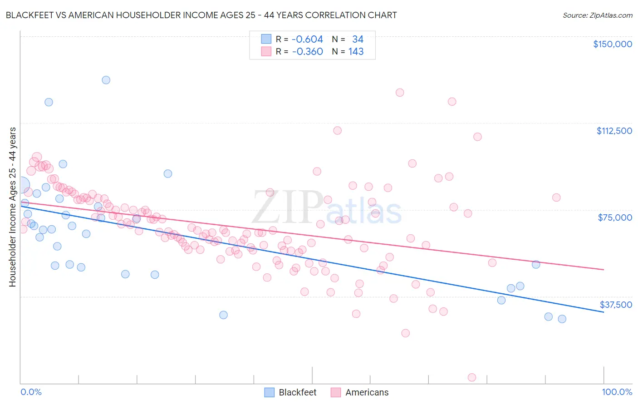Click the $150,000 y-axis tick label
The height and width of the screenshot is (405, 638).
pos(612,44)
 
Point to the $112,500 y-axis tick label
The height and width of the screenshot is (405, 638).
pos(614,131)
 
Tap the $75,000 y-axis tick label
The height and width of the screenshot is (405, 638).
pos(615,217)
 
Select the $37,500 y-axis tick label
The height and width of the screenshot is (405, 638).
pos(616,305)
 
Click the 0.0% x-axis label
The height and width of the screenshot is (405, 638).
pos(31,392)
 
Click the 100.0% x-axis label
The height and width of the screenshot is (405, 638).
pos(617,392)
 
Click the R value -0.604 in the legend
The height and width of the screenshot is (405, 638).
pos(307,40)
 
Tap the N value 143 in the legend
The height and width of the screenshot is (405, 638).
pos(356,52)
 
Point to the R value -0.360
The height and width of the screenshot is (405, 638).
pos(307,52)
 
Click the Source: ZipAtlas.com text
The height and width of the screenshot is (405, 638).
pos(597,15)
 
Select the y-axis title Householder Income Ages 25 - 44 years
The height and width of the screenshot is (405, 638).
pos(13,207)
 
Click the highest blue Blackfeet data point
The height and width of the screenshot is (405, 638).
pos(106,80)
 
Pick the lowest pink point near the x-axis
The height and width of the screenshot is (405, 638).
pos(472,378)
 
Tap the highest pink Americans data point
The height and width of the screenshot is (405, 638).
pos(400,93)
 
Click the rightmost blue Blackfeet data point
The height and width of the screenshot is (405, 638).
pos(562,319)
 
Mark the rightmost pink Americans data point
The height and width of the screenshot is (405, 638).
pos(556,198)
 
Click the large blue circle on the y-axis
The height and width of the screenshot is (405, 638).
pos(21,186)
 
